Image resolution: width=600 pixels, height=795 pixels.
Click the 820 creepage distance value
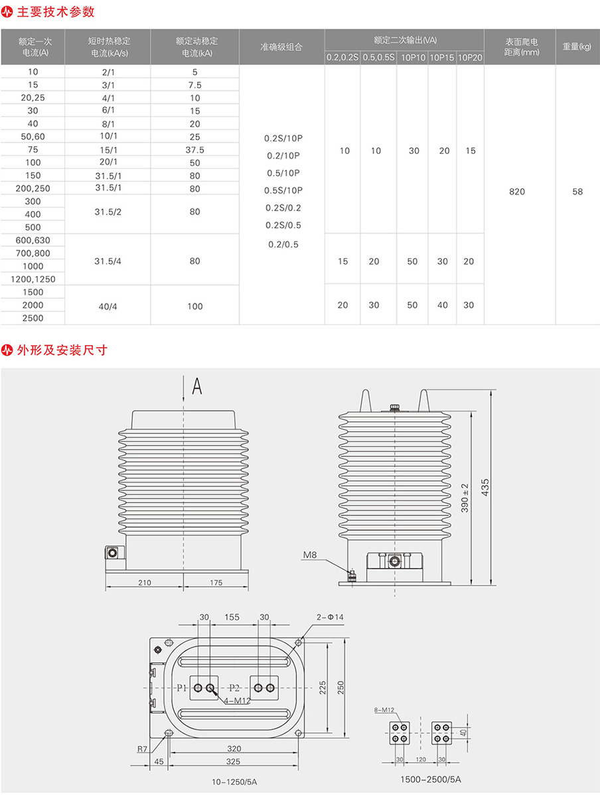tap(516, 192)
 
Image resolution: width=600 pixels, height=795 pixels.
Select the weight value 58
tap(577, 192)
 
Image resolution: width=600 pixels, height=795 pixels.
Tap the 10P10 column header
tap(412, 58)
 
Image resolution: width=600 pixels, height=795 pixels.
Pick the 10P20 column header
tap(470, 58)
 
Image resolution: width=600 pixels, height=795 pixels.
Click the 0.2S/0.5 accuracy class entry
tap(283, 225)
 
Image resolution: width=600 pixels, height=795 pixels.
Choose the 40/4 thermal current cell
tap(108, 306)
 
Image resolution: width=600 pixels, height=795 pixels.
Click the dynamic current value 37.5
tap(194, 150)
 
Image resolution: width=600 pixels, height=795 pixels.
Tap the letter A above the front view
tap(196, 386)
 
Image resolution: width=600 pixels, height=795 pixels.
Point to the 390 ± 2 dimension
tap(465, 497)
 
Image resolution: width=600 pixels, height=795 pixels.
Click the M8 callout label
tap(310, 554)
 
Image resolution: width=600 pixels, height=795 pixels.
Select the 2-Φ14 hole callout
tap(330, 617)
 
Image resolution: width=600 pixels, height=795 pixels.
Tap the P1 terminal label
tap(183, 687)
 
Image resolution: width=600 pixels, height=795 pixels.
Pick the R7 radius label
tap(142, 749)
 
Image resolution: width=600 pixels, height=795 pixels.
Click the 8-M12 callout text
tap(384, 710)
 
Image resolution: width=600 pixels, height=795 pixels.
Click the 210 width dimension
tap(145, 583)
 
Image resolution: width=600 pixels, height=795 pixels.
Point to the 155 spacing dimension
tap(232, 617)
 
